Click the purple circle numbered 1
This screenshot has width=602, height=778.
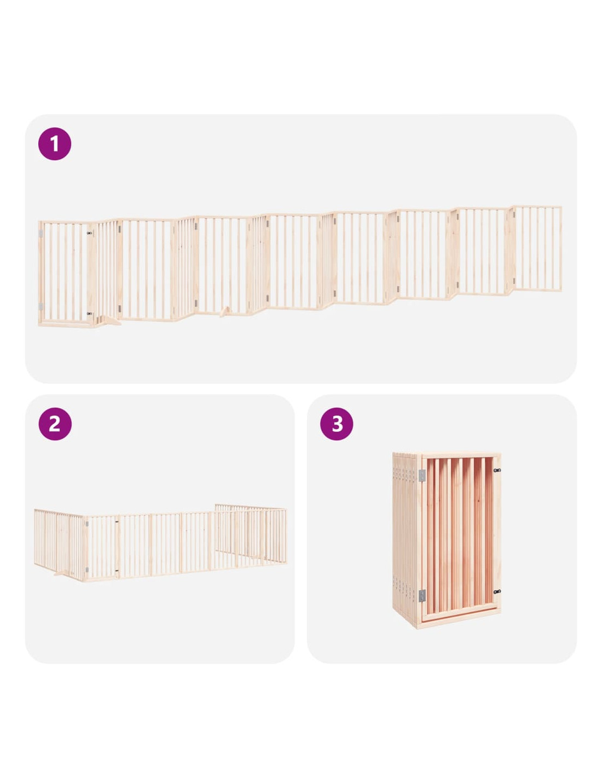(54, 143)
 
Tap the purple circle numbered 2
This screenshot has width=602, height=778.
(55, 423)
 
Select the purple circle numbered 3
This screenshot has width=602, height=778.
(337, 423)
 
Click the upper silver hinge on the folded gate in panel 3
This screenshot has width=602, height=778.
(422, 475)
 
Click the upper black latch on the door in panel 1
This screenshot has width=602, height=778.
(90, 233)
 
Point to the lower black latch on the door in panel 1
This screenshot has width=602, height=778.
(90, 313)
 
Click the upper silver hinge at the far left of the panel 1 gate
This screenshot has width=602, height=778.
(41, 234)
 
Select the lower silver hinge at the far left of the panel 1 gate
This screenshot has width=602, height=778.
(41, 306)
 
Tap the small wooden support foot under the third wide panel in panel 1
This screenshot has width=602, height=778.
(225, 311)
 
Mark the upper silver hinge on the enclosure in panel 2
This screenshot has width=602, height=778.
(87, 524)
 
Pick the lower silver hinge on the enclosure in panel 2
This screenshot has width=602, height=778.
(87, 570)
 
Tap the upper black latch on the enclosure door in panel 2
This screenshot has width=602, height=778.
(117, 522)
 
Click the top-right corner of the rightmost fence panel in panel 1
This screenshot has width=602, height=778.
(561, 206)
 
